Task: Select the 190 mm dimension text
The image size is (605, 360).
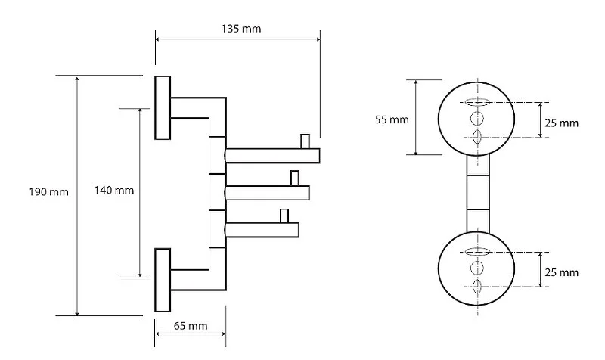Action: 49,192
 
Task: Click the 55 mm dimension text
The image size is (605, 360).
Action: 392,119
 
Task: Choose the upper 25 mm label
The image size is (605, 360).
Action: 562,123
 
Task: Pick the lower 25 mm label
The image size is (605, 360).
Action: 562,272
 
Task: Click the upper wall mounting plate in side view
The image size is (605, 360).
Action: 163,107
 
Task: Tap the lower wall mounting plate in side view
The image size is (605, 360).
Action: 163,280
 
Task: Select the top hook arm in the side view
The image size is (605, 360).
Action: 272,157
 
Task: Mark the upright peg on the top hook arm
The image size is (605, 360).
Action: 305,141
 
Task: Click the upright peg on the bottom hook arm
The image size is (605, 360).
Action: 284,215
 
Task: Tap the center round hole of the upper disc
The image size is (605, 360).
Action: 476,119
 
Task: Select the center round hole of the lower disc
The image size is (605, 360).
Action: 476,268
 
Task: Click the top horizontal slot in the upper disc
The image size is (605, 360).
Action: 476,102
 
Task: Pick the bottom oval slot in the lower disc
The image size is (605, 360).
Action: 476,285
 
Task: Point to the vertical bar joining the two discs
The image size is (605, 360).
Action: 476,193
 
